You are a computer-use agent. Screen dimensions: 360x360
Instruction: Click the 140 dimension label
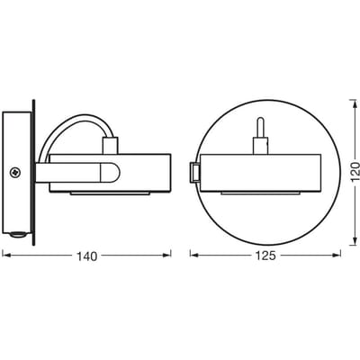(x=87, y=256)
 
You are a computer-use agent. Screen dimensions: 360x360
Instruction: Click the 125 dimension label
(x=265, y=256)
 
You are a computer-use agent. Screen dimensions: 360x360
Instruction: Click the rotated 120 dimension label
(x=355, y=172)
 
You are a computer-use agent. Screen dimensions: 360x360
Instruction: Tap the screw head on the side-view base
(x=14, y=173)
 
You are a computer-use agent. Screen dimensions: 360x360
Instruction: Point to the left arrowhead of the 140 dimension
(x=6, y=255)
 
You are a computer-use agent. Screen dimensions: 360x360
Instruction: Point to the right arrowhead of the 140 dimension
(x=166, y=255)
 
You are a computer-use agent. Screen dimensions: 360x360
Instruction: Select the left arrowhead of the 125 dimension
(x=194, y=255)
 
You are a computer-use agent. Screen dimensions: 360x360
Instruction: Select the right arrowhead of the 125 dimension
(x=337, y=255)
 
